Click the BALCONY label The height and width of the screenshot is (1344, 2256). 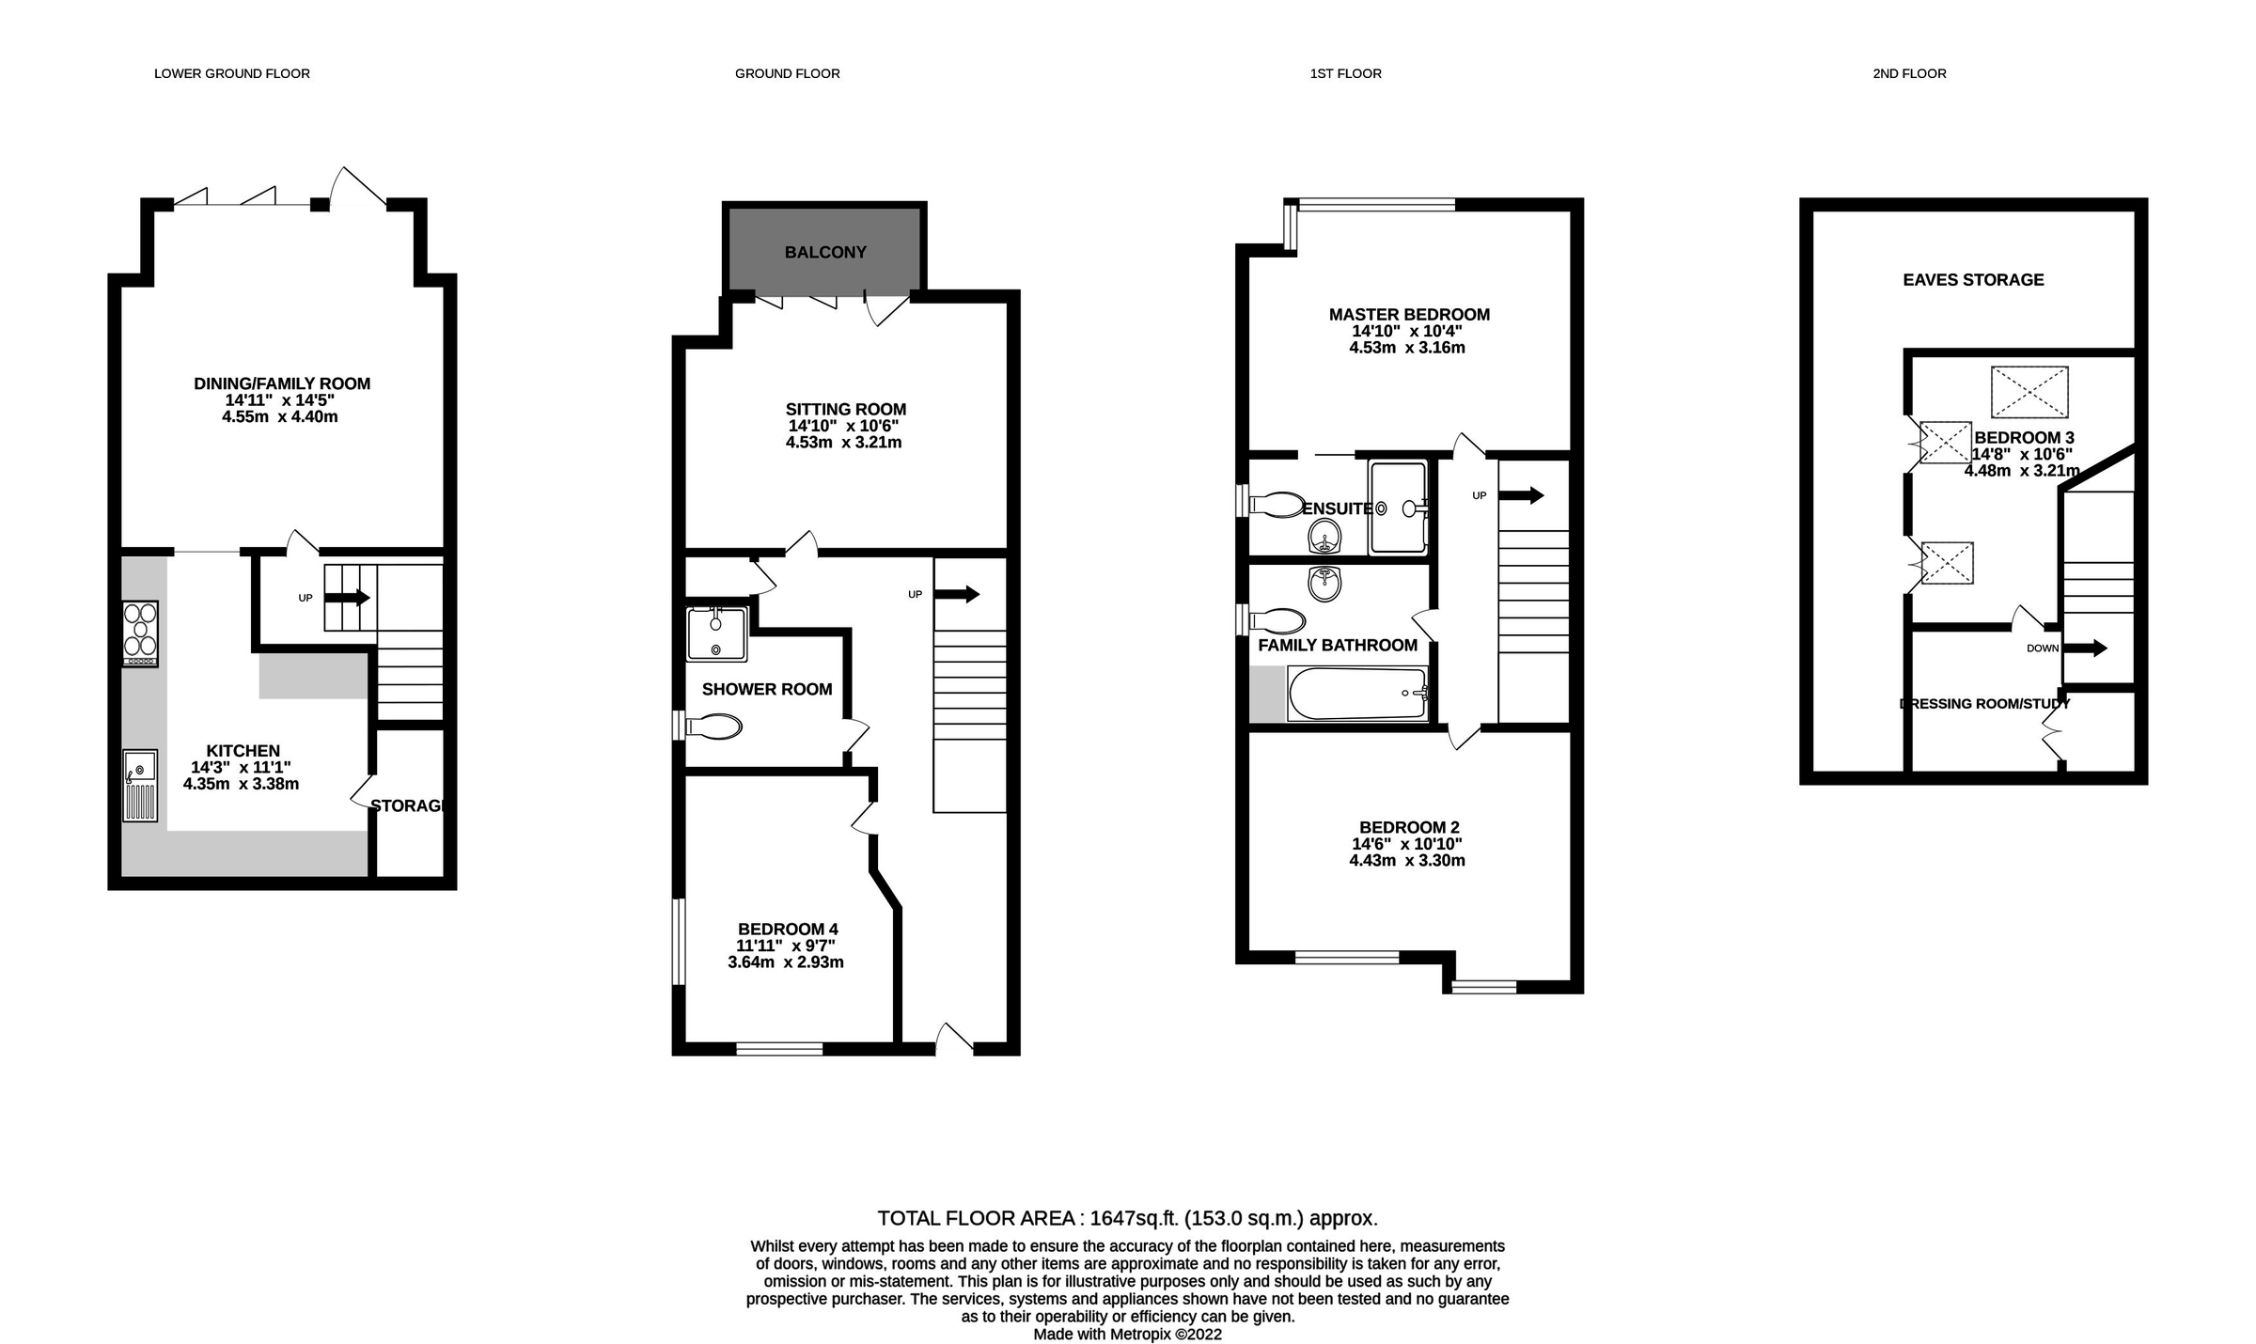point(825,252)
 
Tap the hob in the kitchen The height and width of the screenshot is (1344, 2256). point(140,633)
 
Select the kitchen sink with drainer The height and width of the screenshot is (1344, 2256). point(140,785)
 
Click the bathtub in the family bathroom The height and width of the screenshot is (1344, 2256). point(1356,694)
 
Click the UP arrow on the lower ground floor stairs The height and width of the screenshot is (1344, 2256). point(347,598)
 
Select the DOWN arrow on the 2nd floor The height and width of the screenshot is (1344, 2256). point(2085,648)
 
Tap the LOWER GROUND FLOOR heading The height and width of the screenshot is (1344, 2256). point(231,73)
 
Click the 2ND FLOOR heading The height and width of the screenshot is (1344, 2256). point(1909,73)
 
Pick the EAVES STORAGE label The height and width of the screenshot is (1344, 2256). point(1973,280)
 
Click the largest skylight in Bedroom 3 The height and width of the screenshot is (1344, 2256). point(2029,392)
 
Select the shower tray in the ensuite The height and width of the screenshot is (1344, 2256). point(1398,508)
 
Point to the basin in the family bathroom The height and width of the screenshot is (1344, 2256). point(1324,584)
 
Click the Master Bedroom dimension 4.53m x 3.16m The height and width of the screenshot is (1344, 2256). point(1407,348)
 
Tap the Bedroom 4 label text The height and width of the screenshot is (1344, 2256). point(788,930)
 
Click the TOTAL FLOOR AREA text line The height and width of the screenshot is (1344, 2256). point(1127,1219)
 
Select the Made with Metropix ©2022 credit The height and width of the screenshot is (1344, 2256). point(1127,1334)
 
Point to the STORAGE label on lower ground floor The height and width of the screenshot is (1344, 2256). point(407,805)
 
